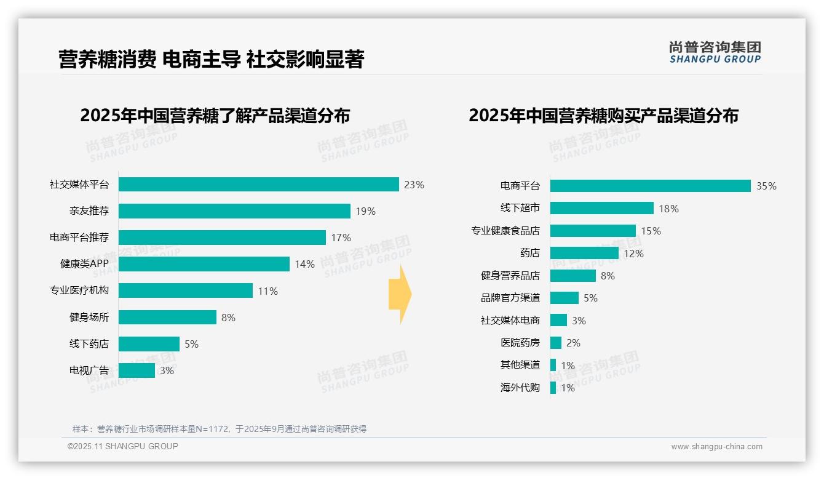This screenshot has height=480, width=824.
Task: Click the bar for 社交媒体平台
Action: [258, 185]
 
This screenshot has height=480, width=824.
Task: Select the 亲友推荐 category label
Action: [89, 211]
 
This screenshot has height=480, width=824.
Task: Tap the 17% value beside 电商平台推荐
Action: [341, 238]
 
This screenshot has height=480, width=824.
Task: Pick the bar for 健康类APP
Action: [204, 264]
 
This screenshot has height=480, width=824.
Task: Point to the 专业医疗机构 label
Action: [79, 290]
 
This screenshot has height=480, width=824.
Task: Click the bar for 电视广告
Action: [137, 370]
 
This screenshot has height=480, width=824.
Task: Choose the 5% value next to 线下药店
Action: [191, 344]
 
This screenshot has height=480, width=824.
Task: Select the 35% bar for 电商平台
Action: [650, 186]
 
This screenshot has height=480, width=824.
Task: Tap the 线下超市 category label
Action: [520, 208]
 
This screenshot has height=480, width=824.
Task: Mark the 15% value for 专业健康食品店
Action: [651, 231]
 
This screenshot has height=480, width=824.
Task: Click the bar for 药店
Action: [584, 253]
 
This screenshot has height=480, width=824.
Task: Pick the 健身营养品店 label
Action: [510, 276]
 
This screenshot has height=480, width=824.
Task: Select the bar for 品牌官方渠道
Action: [564, 298]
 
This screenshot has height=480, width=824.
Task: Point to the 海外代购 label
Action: [520, 388]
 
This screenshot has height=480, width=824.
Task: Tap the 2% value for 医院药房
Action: [573, 343]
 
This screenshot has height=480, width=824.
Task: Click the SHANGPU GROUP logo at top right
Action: [715, 52]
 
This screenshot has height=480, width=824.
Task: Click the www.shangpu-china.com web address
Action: [716, 447]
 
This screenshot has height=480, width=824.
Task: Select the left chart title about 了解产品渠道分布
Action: [215, 116]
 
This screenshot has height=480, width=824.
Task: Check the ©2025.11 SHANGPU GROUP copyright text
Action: [123, 446]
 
